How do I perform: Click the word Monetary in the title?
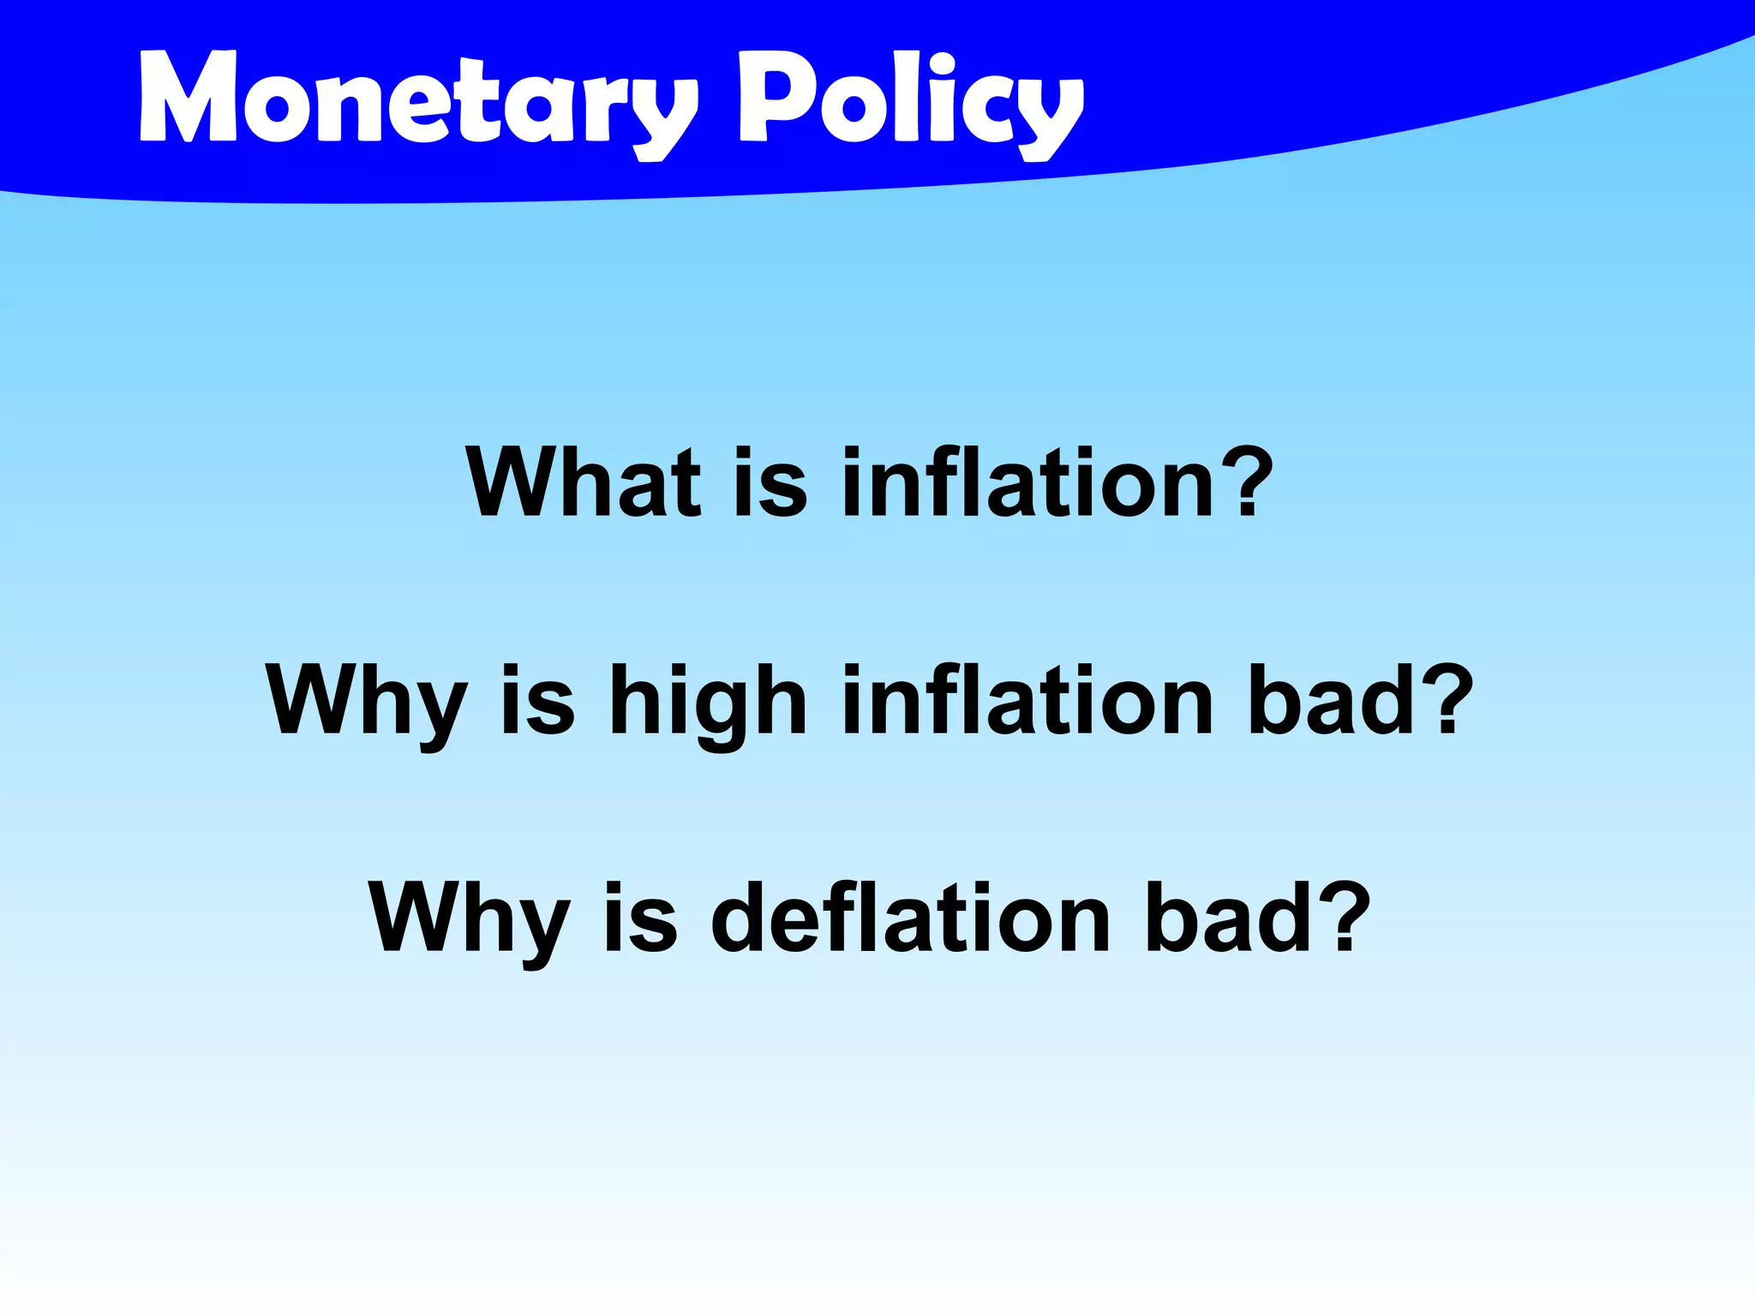coord(418,101)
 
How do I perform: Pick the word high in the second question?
coord(708,703)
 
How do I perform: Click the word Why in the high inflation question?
coord(367,703)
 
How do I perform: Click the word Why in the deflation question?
coord(470,919)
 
